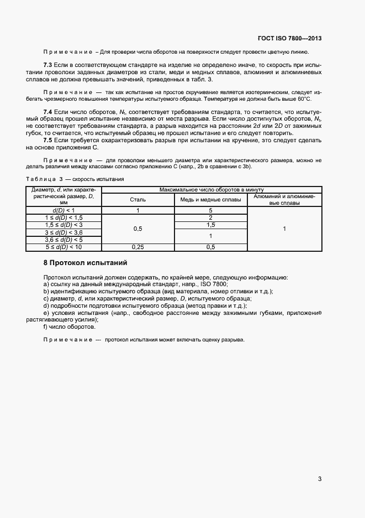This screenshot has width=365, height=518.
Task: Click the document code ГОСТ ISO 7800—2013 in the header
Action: (x=289, y=39)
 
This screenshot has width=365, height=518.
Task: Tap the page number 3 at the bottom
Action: (x=320, y=479)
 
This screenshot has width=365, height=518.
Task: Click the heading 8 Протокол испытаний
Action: (x=86, y=262)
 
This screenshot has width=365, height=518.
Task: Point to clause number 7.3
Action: (x=47, y=65)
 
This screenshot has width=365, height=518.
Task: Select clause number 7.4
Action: (x=47, y=112)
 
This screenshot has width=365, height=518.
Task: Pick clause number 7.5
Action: (x=47, y=141)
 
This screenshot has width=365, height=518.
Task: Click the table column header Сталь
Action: (x=138, y=199)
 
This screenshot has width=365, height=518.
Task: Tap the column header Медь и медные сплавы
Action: (x=210, y=199)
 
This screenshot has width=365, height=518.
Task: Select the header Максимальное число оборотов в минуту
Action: (x=210, y=189)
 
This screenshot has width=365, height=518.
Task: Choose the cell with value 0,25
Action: (x=138, y=247)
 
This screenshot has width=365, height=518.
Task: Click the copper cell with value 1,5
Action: (x=210, y=225)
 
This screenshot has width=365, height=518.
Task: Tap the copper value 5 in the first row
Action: (x=210, y=211)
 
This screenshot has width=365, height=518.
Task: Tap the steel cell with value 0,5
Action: (x=138, y=229)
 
